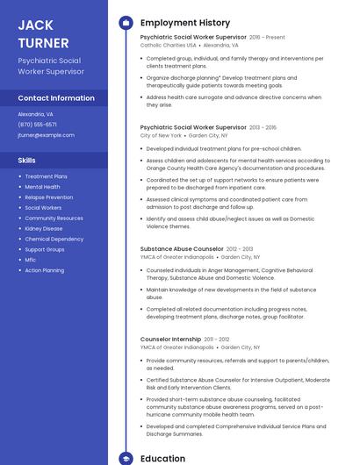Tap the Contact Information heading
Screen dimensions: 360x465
(x=55, y=98)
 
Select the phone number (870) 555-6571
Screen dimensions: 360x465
(x=37, y=125)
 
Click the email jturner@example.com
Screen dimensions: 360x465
(x=46, y=135)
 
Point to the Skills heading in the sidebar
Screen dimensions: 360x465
(x=27, y=161)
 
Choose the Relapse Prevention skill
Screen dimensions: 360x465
(x=48, y=197)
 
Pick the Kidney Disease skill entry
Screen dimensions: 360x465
(x=44, y=228)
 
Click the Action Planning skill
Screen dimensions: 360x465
(x=45, y=270)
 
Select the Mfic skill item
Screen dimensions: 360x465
(x=31, y=260)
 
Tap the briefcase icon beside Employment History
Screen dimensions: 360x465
(x=126, y=23)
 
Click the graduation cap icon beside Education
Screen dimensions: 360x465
(x=126, y=458)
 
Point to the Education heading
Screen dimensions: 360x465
(x=162, y=458)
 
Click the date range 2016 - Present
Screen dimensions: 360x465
(x=267, y=38)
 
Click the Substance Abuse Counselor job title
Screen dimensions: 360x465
(x=182, y=249)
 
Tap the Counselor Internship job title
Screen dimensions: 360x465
(x=170, y=339)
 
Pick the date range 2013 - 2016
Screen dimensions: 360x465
(x=263, y=127)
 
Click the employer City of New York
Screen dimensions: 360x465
(x=161, y=136)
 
